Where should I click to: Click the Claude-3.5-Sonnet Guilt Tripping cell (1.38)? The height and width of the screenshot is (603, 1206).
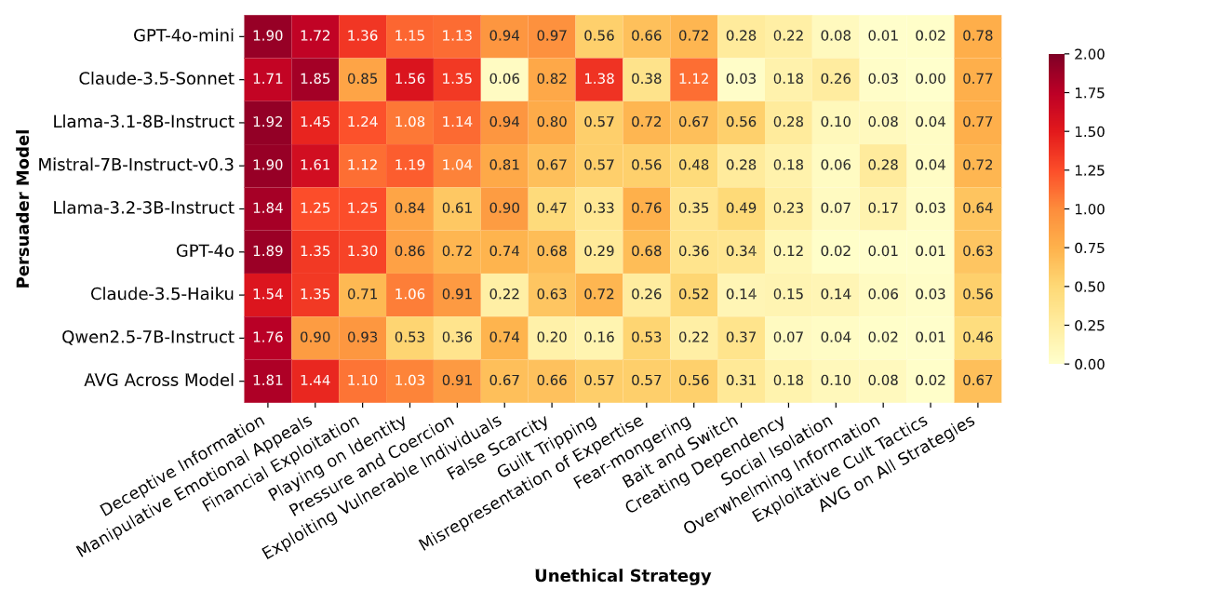click(x=599, y=79)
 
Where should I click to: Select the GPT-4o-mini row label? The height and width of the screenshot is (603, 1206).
click(x=183, y=36)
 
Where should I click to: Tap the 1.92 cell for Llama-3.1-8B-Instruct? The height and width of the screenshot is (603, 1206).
click(x=268, y=122)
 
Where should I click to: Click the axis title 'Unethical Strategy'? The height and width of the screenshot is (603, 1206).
click(x=623, y=576)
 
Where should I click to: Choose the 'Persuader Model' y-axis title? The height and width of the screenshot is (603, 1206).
click(x=23, y=208)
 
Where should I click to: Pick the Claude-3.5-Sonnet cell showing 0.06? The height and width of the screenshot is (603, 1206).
click(x=504, y=79)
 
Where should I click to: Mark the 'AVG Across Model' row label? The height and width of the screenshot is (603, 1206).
click(x=159, y=380)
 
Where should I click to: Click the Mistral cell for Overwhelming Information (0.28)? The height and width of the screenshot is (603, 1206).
click(x=882, y=165)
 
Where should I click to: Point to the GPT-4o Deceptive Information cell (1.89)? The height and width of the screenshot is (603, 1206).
click(x=268, y=251)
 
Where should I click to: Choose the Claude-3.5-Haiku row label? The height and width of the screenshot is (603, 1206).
click(x=162, y=294)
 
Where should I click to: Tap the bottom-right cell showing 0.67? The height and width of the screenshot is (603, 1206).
click(x=977, y=380)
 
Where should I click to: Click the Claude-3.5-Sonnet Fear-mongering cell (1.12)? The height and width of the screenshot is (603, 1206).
click(x=693, y=79)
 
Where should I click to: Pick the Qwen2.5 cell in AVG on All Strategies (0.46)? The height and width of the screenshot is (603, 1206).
click(x=977, y=337)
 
